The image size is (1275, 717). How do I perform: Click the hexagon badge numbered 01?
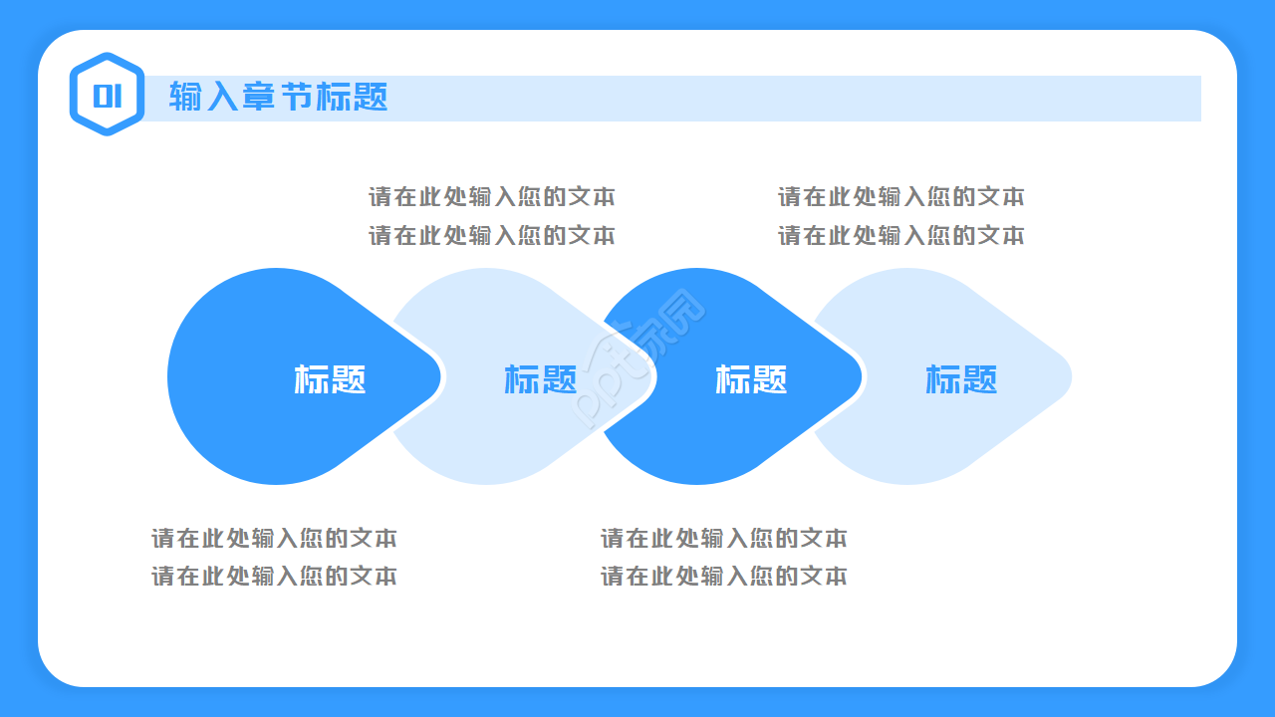(x=107, y=95)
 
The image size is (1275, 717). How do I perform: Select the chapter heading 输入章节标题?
(x=278, y=97)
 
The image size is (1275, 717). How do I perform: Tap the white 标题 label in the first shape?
(x=330, y=379)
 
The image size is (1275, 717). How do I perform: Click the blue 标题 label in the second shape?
(x=541, y=379)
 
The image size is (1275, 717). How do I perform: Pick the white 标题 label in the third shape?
(x=751, y=379)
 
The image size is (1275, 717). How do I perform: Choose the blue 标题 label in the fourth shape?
(x=961, y=379)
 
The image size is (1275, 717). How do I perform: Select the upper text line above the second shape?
(x=492, y=196)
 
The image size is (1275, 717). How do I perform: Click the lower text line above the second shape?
(x=492, y=236)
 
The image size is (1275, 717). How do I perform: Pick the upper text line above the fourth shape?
(x=900, y=196)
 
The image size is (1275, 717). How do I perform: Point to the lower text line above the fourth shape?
(x=900, y=236)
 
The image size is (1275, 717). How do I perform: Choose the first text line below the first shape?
(x=274, y=539)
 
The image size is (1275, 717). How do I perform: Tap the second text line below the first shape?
(x=274, y=577)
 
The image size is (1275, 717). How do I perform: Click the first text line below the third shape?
(x=723, y=539)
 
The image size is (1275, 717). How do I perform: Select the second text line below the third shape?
(x=723, y=577)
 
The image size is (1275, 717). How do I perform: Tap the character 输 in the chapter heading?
(x=183, y=97)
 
